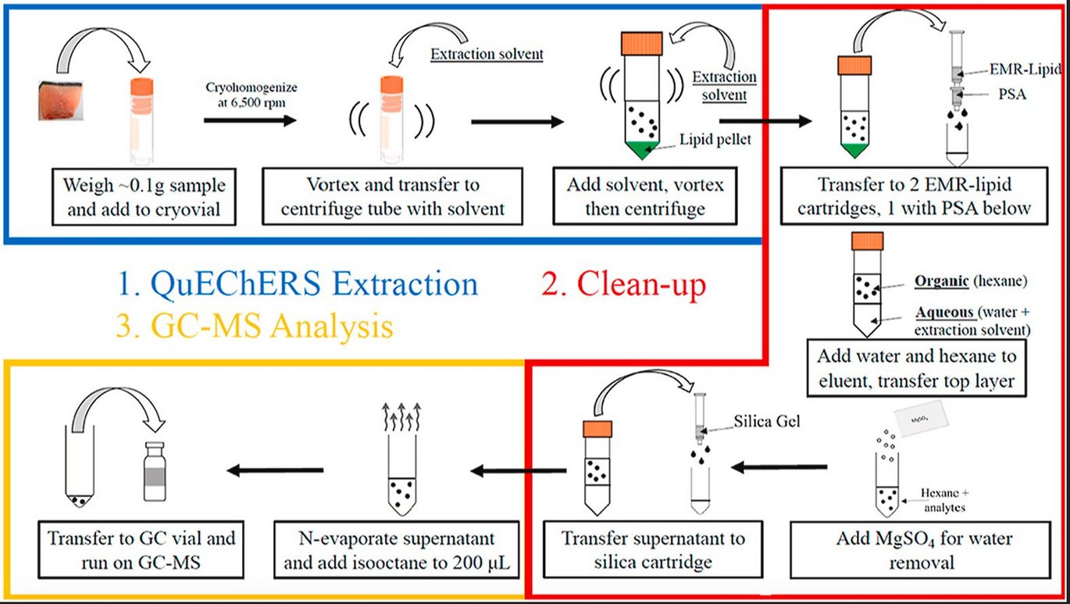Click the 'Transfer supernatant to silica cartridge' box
pos(654,550)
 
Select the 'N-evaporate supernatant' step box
pos(398,550)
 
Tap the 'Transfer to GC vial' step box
pos(141,550)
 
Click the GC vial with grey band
pos(157,472)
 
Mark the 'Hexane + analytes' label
pos(942,499)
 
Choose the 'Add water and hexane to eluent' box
pos(917,368)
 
